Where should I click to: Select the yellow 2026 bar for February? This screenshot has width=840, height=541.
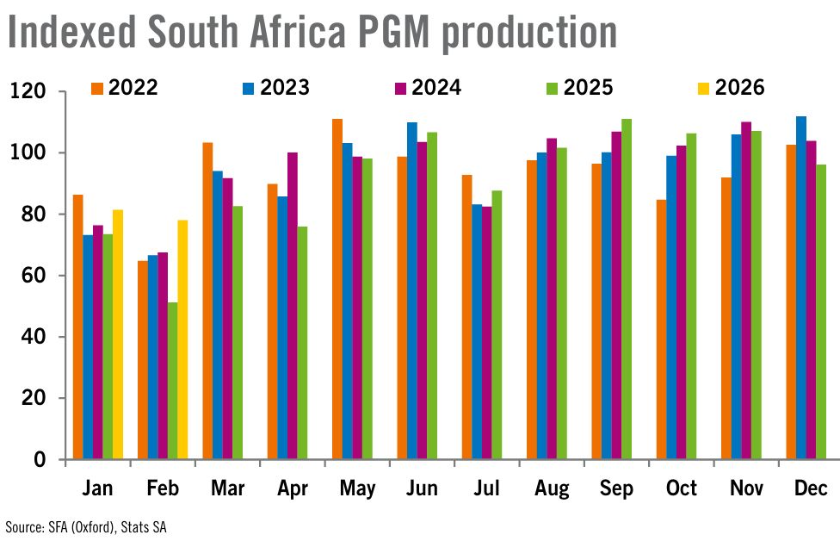182,339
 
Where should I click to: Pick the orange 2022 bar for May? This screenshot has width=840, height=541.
337,289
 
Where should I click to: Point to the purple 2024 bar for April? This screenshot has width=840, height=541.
293,306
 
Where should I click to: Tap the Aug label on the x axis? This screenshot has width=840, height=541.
552,488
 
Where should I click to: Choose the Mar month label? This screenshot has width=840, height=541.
227,488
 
